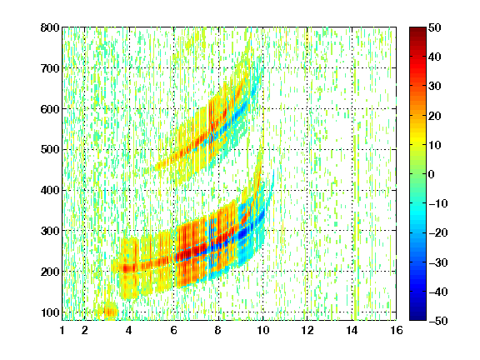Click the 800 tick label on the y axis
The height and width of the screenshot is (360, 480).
coord(50,27)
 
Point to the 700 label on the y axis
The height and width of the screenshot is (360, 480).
coord(50,68)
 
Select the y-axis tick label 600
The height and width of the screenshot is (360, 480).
coord(50,109)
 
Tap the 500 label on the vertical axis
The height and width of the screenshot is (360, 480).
coord(50,150)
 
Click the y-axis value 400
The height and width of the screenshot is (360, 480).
coord(50,190)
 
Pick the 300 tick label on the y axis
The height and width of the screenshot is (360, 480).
coord(50,231)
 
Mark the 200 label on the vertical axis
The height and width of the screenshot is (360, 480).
coord(50,272)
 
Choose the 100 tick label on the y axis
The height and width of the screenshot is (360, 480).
coord(50,312)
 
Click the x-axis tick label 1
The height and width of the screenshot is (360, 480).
coord(62,330)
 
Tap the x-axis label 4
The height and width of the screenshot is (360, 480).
coord(129,330)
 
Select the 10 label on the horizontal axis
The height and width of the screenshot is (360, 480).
coord(262,330)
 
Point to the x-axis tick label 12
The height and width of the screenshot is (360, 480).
coord(307,330)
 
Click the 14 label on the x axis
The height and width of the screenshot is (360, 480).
coord(352,330)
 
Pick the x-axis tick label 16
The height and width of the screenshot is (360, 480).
coord(397,330)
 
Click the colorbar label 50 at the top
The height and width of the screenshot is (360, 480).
coord(434,27)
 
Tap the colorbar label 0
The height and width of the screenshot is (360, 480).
coord(432,174)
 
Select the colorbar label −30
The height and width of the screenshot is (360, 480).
coord(437,262)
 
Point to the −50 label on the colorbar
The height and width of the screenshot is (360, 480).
coord(437,321)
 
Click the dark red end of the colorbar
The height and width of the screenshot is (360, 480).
coord(417,30)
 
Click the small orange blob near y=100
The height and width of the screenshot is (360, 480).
coord(111,312)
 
